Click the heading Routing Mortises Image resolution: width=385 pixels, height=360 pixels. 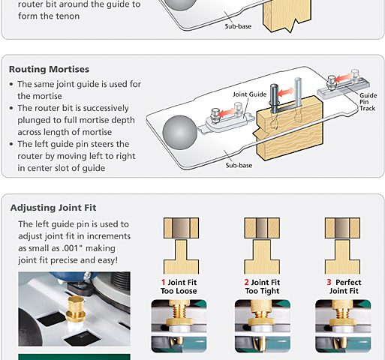click(49, 69)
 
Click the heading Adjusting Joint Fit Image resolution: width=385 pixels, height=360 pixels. click(53, 208)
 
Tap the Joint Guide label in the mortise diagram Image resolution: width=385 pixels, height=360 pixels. click(250, 94)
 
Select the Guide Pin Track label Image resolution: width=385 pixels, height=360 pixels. click(368, 102)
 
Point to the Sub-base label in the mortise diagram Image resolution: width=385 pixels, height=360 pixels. click(239, 165)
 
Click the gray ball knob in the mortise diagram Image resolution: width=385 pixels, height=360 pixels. click(179, 133)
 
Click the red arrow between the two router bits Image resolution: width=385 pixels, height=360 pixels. click(286, 92)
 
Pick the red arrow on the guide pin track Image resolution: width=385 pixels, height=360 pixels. click(343, 78)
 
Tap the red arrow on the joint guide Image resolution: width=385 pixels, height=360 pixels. click(227, 112)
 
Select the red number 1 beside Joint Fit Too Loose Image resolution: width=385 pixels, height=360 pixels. click(164, 282)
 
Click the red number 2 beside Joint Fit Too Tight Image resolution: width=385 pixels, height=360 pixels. click(246, 282)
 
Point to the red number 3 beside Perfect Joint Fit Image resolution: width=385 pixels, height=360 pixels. click(329, 282)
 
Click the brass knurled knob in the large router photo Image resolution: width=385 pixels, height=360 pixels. click(76, 309)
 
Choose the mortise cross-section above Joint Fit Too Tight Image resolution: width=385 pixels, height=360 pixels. click(262, 228)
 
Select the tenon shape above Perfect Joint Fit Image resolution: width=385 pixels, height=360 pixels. click(342, 257)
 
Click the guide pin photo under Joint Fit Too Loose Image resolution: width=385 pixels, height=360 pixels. click(179, 326)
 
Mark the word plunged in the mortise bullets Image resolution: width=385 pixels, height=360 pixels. click(38, 120)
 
